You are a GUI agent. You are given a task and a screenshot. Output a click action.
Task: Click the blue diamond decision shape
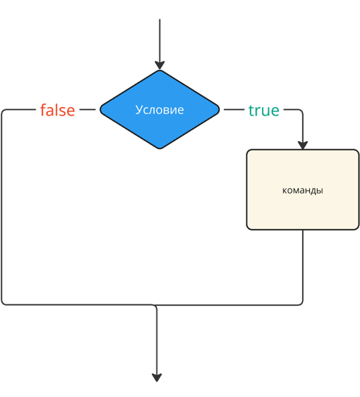click(160, 109)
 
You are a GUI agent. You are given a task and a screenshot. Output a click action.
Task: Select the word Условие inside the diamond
click(160, 109)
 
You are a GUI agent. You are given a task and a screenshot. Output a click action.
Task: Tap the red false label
click(58, 109)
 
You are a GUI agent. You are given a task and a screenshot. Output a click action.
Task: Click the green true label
click(264, 110)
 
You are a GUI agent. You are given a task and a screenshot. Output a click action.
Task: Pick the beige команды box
click(303, 190)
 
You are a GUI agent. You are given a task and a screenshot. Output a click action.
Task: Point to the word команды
click(303, 190)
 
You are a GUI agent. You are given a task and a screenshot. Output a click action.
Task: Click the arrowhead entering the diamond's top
click(160, 66)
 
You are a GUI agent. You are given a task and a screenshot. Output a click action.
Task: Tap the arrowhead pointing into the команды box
click(303, 145)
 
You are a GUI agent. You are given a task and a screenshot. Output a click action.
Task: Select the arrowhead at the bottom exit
click(156, 378)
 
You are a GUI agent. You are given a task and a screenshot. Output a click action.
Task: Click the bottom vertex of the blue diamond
click(160, 149)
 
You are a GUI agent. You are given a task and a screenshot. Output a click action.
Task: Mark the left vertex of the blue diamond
click(100, 109)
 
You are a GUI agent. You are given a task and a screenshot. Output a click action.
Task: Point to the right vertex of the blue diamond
click(219, 109)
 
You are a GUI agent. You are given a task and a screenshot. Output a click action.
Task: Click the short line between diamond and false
click(87, 109)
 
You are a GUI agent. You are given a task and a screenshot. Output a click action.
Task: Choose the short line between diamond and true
click(234, 109)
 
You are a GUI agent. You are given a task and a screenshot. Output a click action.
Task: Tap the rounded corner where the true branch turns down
click(301, 111)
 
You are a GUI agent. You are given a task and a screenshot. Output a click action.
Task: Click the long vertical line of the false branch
click(2, 207)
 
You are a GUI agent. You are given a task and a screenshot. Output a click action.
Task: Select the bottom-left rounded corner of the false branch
click(4, 303)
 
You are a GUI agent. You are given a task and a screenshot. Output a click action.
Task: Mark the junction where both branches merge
click(155, 305)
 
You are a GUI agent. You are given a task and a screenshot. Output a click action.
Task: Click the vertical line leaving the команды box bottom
click(303, 264)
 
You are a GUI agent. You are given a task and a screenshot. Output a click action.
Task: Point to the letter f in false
click(43, 109)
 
